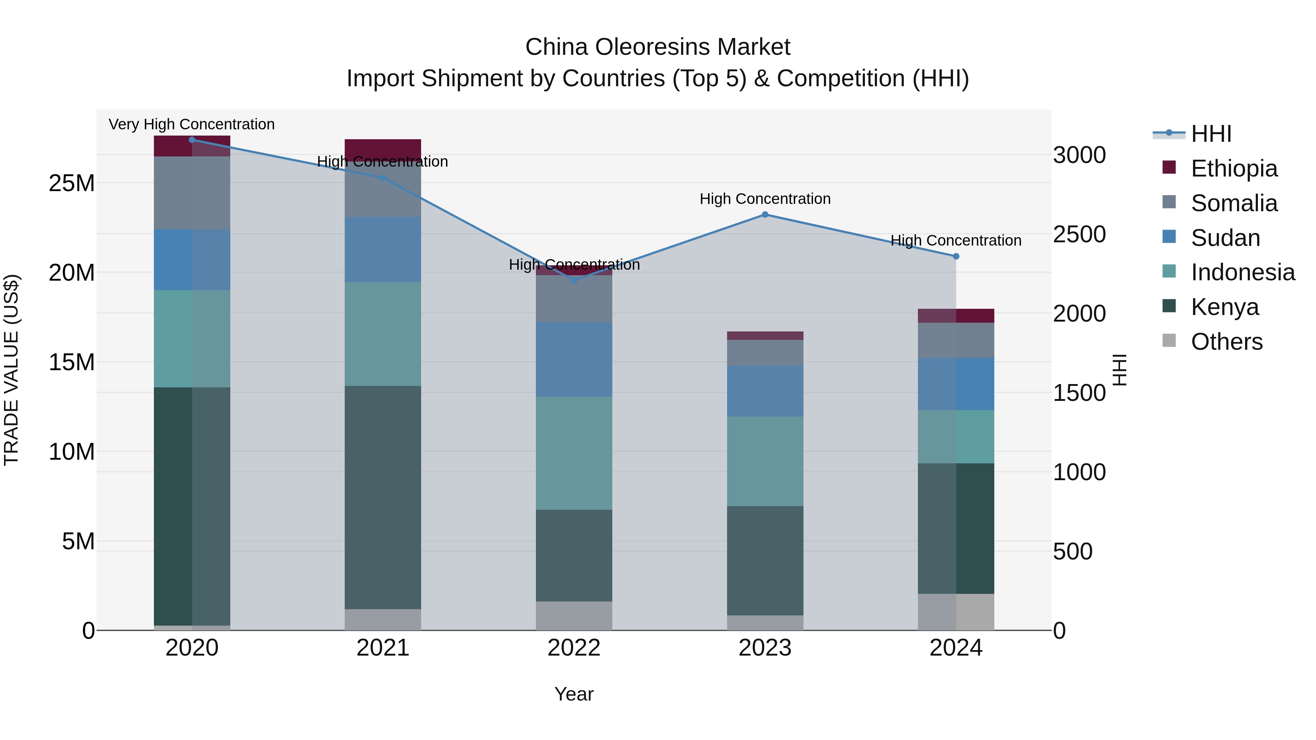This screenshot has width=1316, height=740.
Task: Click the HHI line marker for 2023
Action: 765,215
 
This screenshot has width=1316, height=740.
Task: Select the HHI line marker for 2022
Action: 574,280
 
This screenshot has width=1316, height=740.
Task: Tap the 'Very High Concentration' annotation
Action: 192,124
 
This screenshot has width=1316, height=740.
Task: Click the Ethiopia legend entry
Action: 1234,168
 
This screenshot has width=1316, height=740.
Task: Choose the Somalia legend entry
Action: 1234,203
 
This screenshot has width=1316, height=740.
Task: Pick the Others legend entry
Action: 1226,342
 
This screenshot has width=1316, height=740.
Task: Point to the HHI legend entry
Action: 1211,134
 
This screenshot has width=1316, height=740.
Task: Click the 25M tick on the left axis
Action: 72,183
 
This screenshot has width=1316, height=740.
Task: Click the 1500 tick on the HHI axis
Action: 1079,393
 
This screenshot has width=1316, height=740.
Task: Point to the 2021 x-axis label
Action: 383,648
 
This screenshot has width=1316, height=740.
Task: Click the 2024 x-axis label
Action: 956,648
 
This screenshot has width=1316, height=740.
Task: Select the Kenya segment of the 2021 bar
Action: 383,497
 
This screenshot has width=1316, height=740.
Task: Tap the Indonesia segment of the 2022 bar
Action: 574,453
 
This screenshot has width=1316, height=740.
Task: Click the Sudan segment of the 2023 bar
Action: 765,391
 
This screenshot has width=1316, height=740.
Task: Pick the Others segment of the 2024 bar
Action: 956,612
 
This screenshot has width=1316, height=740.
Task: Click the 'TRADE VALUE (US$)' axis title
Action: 11,370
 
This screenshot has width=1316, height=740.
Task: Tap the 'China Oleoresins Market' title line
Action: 658,47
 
